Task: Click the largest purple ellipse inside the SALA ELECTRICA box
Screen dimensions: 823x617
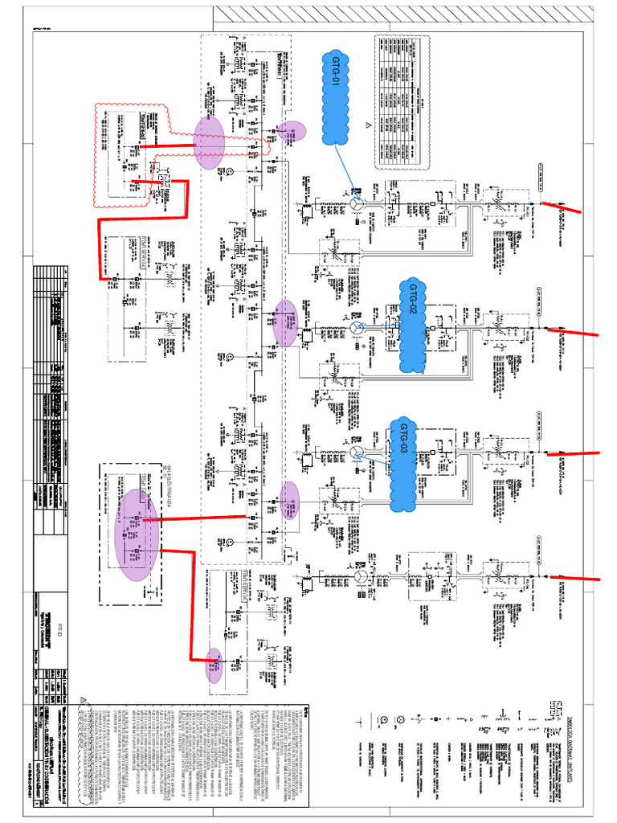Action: pos(136,534)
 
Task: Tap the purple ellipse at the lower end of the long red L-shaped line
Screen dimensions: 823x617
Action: pos(215,665)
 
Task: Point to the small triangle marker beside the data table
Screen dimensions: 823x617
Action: pos(369,126)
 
